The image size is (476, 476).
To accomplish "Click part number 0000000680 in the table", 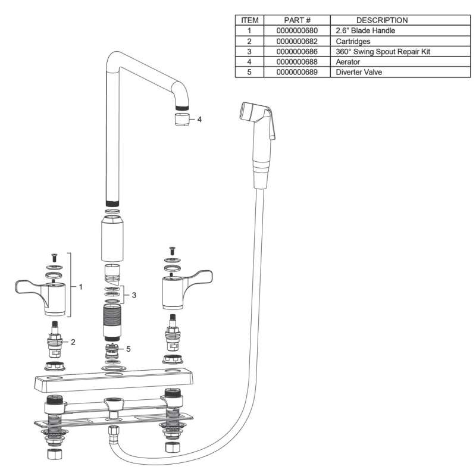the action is tap(297, 31).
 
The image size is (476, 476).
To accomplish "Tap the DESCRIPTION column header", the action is tap(382, 20).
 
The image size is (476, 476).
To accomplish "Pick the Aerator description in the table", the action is tap(348, 62).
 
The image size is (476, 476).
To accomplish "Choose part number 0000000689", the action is tap(297, 72).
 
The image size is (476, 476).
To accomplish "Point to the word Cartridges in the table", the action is tap(353, 41).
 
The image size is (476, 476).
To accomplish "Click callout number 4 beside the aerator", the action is tap(199, 120).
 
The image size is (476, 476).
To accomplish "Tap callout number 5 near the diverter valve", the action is tap(129, 349).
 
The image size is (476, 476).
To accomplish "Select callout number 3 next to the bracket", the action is tap(134, 295).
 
